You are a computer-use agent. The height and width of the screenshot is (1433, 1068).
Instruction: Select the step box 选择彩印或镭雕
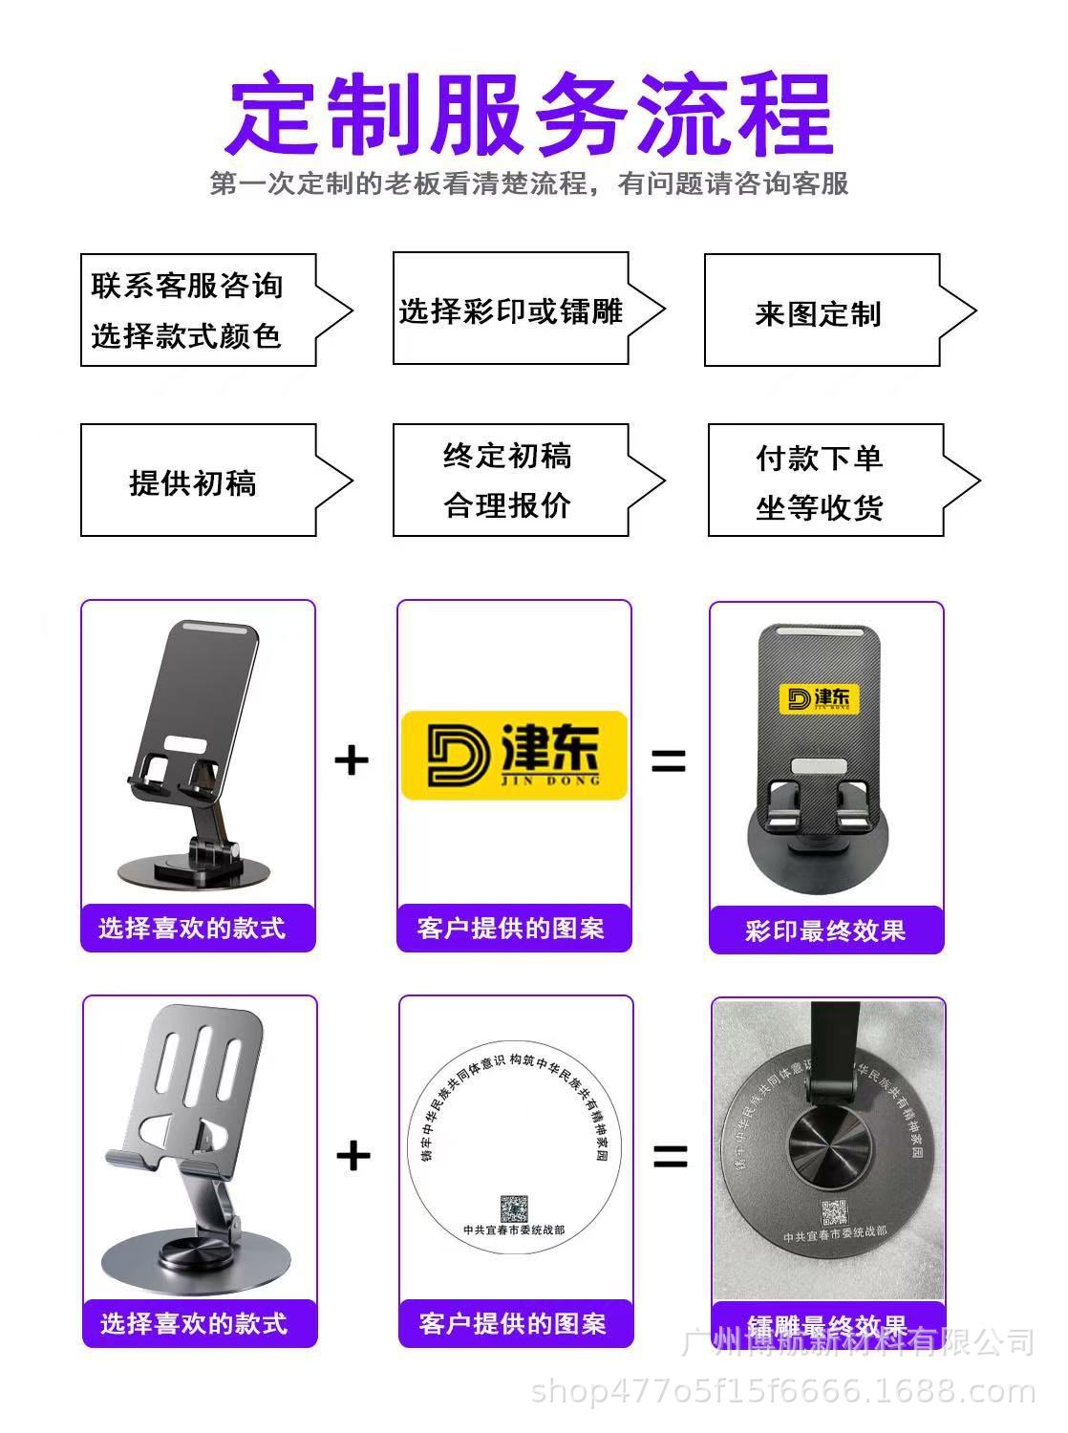point(511,310)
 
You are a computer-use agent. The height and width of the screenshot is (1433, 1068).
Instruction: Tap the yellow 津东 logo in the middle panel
point(514,755)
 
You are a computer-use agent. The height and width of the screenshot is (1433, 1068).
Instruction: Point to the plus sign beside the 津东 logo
point(352,760)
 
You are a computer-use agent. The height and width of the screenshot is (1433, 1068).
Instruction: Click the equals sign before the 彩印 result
point(669,760)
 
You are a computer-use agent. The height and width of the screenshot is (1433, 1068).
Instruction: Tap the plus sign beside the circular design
point(353,1156)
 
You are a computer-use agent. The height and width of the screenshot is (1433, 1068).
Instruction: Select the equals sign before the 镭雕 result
point(671,1156)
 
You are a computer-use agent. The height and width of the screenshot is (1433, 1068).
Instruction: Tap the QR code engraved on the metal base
point(834,1212)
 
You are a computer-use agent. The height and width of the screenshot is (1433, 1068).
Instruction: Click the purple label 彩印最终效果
point(826,930)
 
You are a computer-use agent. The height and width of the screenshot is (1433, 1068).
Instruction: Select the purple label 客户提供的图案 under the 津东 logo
point(513,928)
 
